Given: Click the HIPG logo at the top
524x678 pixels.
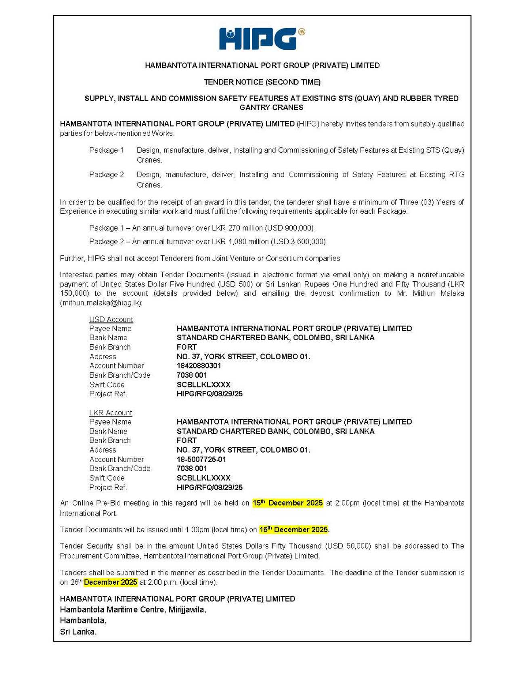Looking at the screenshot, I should click(262, 39).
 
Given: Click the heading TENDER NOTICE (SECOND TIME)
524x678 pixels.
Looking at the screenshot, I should click(262, 82).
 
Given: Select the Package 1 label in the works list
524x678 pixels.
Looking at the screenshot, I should click(107, 150).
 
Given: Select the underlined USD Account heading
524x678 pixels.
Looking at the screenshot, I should click(111, 320).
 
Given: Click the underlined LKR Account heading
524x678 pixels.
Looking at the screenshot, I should click(111, 413).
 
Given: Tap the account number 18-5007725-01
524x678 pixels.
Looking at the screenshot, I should click(201, 459).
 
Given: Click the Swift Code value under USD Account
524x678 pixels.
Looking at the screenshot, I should click(203, 385).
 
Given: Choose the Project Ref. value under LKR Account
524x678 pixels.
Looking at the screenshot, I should click(210, 487).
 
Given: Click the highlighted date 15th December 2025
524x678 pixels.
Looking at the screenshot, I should click(287, 503).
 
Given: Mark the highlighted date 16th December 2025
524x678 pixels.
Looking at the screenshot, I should click(294, 530).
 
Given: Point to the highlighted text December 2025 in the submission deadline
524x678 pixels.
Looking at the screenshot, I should click(110, 582).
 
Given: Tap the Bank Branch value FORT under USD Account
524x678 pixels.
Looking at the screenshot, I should click(187, 347).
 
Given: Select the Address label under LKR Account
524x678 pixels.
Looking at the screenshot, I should click(103, 450).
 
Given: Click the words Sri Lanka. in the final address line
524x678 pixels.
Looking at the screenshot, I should click(78, 632).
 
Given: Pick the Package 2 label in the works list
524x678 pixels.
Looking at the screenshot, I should click(107, 175).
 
